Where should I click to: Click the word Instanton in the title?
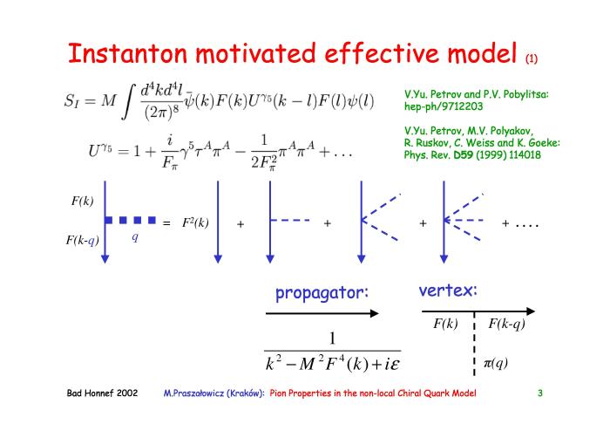coord(127,53)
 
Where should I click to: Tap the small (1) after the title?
coord(532,58)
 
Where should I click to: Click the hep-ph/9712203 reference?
coord(444,106)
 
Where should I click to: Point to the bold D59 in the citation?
coord(464,155)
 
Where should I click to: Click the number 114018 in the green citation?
coord(525,155)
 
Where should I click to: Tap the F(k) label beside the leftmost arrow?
coord(83,201)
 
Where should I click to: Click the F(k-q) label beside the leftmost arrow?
coord(83,240)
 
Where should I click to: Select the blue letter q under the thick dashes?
coord(135,236)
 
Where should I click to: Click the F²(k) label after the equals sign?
coord(195,222)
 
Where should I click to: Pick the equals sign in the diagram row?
coord(166,223)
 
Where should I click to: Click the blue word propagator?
coord(322,293)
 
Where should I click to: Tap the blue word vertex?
coord(448,290)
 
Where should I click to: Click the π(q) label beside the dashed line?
coord(496,363)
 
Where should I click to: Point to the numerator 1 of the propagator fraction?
coord(332,339)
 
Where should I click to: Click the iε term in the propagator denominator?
coord(391,365)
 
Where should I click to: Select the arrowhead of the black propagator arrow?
coord(374,313)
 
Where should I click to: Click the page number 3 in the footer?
coord(540,393)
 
